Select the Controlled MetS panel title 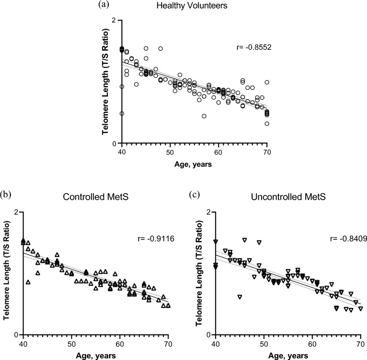pos(95,198)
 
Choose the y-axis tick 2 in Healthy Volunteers pos(114,20)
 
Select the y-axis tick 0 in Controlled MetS pos(16,335)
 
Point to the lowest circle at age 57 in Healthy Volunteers pos(204,116)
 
